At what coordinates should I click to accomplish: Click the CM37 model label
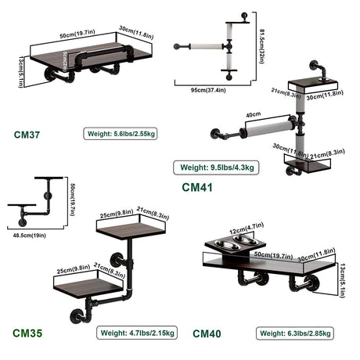pos(27,135)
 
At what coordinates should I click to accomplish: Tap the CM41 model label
pos(197,187)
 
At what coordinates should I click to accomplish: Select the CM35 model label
pos(27,333)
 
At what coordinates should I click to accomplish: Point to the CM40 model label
pos(207,333)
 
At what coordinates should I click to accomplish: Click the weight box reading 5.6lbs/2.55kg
pos(121,134)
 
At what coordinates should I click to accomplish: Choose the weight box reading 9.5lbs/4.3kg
pos(216,167)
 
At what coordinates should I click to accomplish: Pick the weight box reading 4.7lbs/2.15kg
pos(137,333)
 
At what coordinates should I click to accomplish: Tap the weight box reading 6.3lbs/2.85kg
pos(295,333)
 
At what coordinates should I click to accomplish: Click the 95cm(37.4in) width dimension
pos(208,90)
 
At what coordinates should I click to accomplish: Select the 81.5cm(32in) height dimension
pos(261,46)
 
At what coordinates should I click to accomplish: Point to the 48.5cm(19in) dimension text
pos(30,236)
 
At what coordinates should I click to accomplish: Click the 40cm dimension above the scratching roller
pos(253,114)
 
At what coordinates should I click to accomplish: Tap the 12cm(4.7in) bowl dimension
pos(247,229)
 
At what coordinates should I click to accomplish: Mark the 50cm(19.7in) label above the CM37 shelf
pos(77,34)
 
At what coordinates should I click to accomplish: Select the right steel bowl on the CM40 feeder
pos(243,239)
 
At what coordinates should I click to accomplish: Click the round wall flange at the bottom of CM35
pos(77,316)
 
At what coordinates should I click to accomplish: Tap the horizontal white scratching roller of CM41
pos(268,128)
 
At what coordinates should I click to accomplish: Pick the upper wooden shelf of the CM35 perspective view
pos(131,230)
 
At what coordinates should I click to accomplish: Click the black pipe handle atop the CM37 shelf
pos(104,54)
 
